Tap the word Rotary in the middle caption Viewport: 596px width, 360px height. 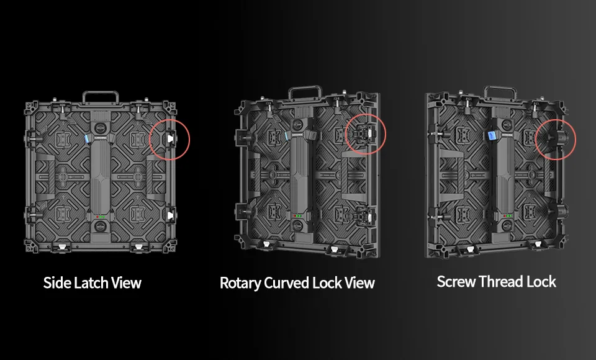(240, 284)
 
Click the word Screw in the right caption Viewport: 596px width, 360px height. (456, 282)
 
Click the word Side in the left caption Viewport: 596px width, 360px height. (56, 283)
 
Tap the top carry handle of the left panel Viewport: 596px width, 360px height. (101, 96)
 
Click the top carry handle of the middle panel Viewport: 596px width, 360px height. (305, 92)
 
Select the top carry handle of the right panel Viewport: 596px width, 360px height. (500, 92)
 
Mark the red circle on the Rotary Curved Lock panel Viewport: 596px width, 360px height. (366, 114)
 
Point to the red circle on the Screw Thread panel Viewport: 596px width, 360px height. (556, 119)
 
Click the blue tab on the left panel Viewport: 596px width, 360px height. (87, 138)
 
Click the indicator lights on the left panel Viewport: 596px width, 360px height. (101, 217)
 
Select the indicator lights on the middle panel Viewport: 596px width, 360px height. (297, 216)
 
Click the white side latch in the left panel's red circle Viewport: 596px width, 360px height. (170, 139)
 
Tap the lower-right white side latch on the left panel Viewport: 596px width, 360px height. (170, 216)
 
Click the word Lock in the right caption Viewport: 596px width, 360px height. (541, 282)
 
